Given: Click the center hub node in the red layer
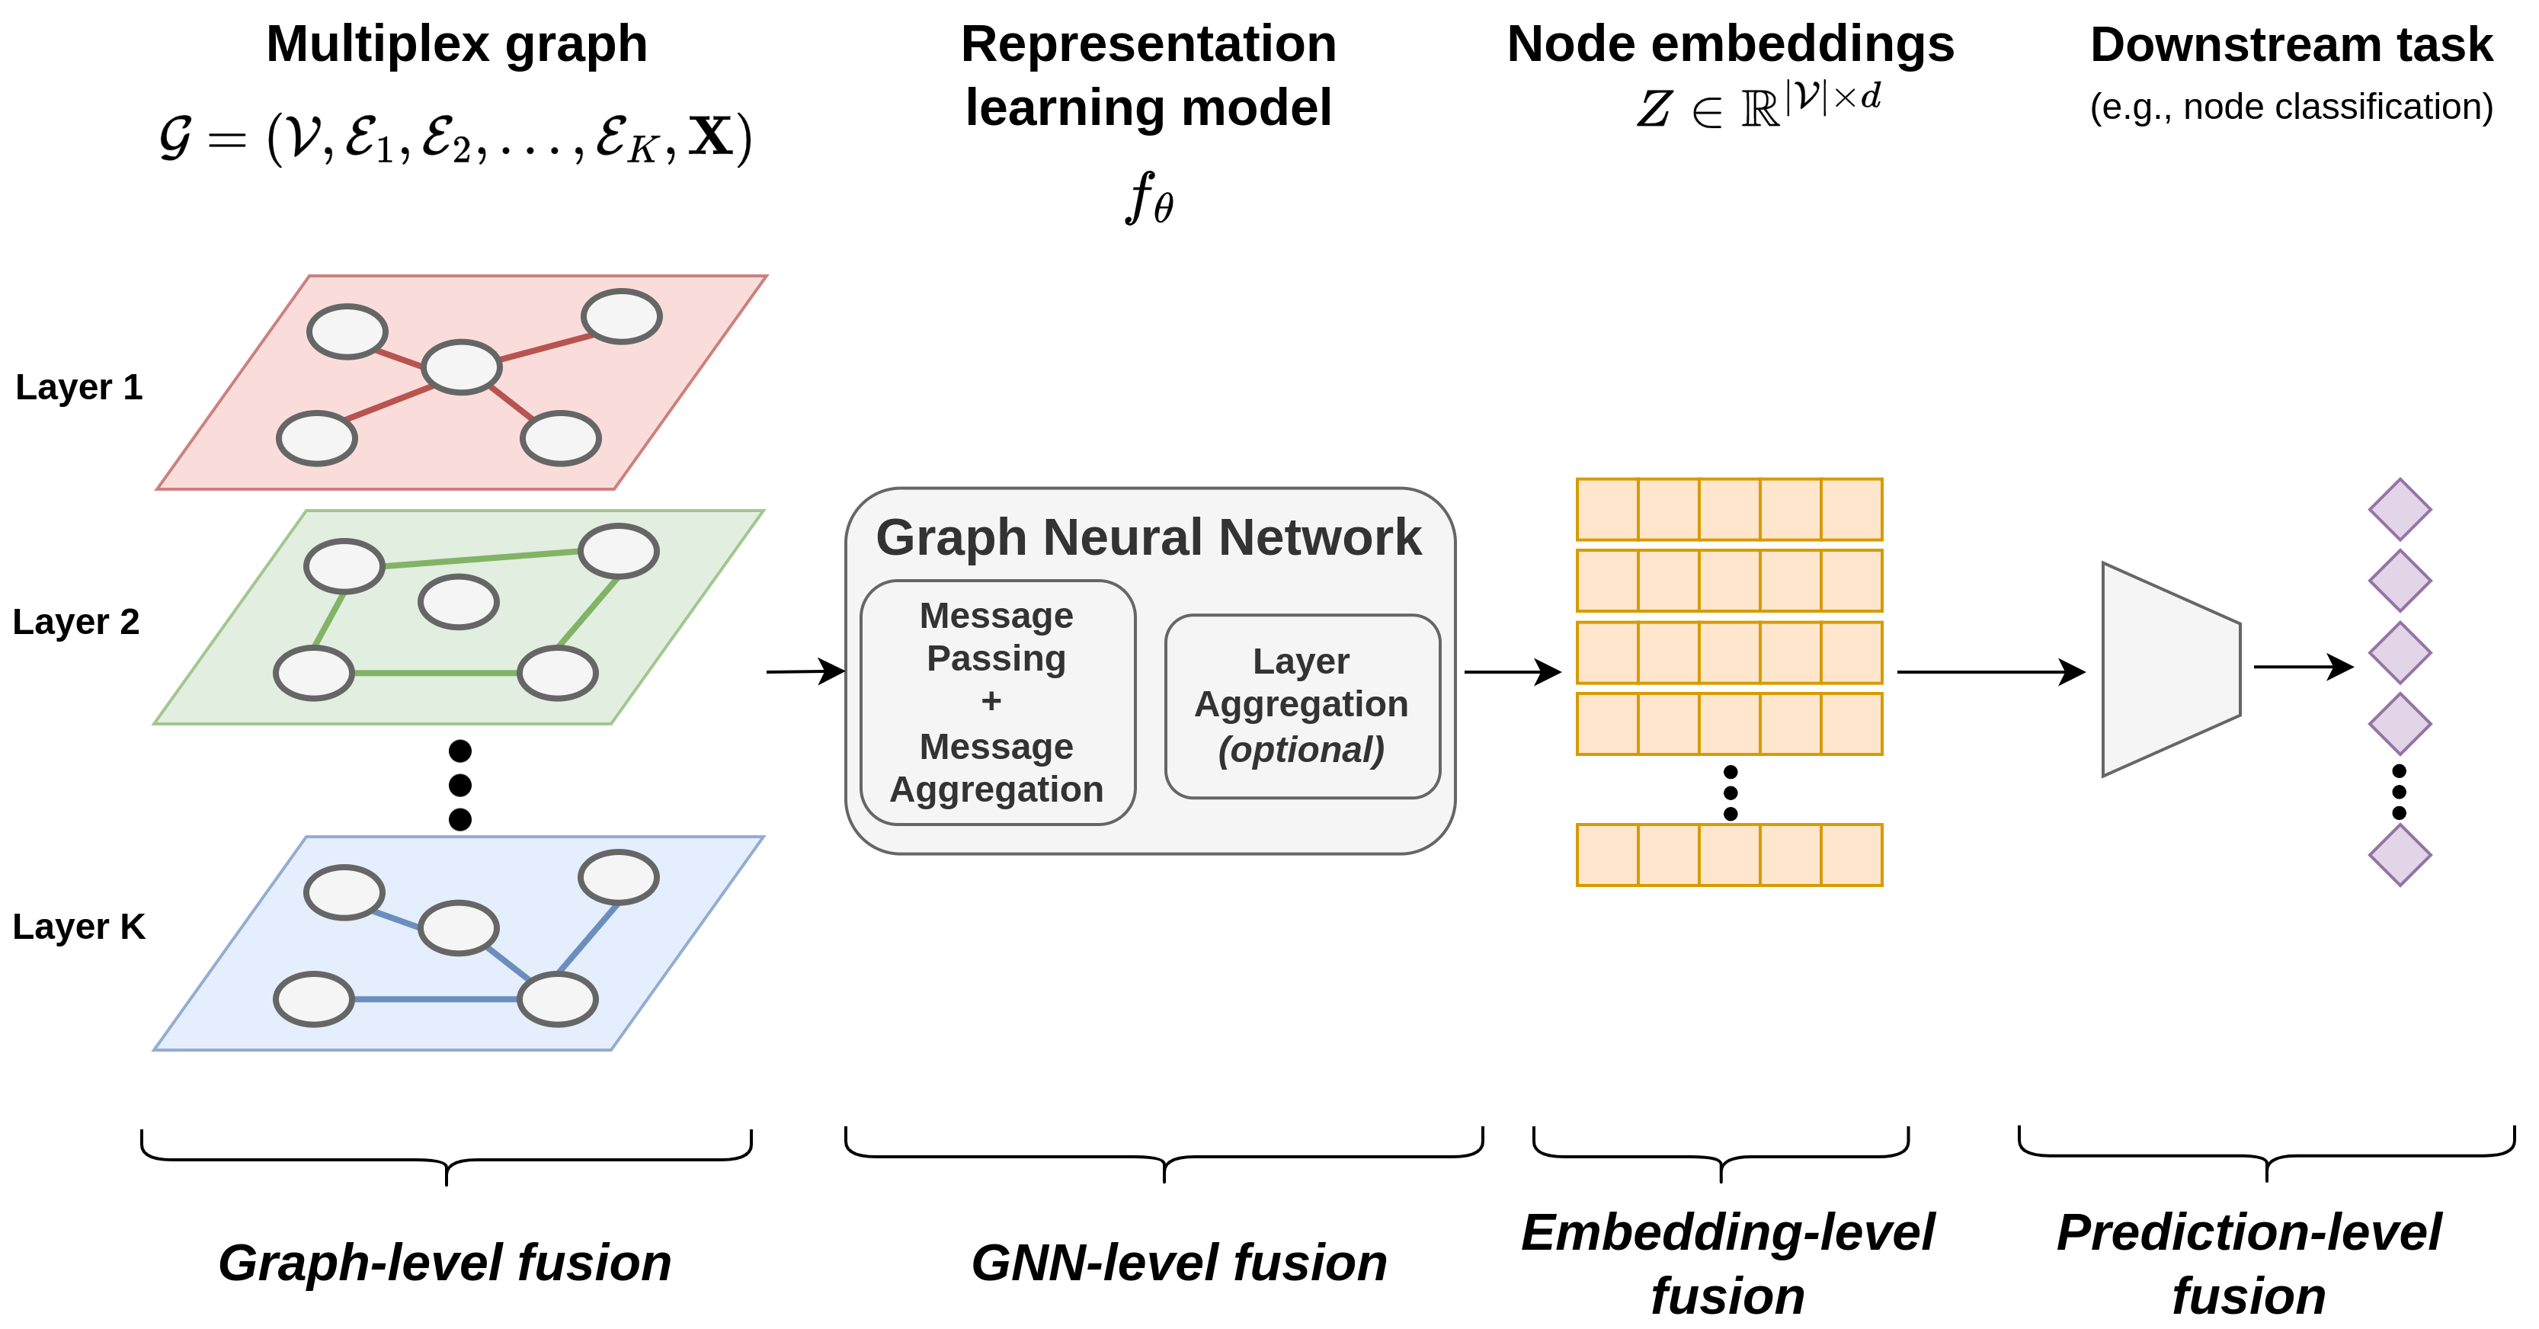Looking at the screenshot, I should (x=461, y=367).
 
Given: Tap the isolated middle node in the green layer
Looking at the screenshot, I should (x=458, y=601).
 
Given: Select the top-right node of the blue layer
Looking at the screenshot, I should (x=618, y=876).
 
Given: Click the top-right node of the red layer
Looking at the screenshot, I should (x=621, y=316).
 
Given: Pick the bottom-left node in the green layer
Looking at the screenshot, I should (x=313, y=674).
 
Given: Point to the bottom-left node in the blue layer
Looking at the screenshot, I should (x=313, y=999).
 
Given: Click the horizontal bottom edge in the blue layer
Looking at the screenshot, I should (x=436, y=999).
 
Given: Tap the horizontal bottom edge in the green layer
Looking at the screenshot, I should (x=436, y=674).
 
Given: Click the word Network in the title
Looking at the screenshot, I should (x=1320, y=538).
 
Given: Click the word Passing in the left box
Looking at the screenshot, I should (x=995, y=658).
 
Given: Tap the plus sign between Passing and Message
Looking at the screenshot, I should (x=991, y=701).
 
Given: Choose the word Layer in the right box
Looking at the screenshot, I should (x=1300, y=661).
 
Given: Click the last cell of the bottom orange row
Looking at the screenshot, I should (x=1851, y=855).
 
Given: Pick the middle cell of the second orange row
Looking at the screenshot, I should (x=1729, y=581).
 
